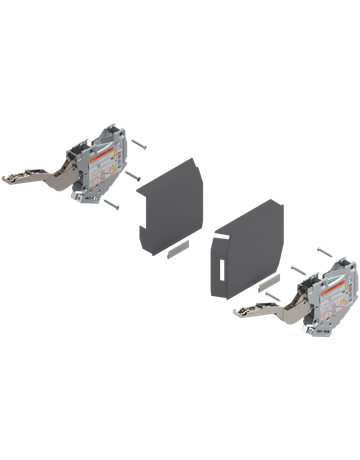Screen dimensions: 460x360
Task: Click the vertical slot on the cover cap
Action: point(217,269)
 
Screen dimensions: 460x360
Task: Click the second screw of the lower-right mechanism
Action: point(298,271)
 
